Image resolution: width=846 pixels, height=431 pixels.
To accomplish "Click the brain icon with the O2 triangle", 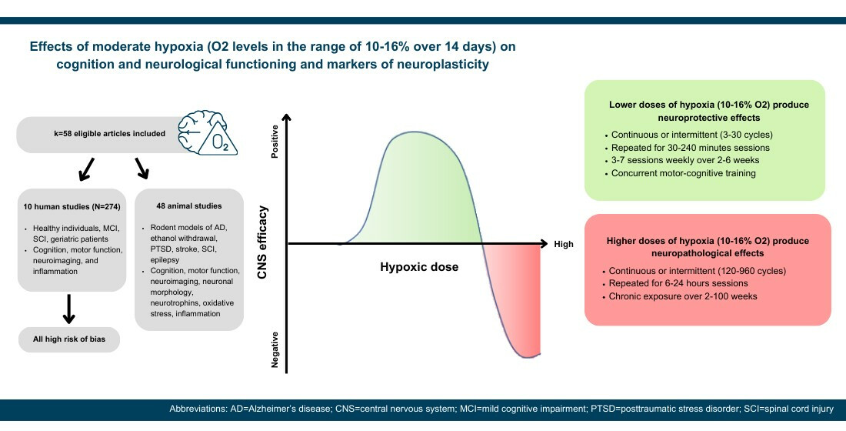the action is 208,133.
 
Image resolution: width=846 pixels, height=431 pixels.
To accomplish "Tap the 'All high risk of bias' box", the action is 69,339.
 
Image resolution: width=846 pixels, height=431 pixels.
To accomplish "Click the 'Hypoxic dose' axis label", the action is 419,267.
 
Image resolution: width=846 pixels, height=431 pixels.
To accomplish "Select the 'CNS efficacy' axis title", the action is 263,242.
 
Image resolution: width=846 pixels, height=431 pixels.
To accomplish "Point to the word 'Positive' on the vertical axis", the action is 275,142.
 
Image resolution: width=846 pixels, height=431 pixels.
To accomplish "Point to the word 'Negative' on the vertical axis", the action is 275,349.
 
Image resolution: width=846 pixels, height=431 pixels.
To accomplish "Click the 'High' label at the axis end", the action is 564,244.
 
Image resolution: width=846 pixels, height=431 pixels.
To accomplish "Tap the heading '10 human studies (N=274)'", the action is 72,206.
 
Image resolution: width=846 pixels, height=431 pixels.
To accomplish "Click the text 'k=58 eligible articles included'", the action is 109,133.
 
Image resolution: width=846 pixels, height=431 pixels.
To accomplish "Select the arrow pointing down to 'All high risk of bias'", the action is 68,309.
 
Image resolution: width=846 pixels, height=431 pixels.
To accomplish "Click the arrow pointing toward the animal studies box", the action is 142,168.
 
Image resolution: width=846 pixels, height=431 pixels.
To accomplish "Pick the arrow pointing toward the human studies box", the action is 86,169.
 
